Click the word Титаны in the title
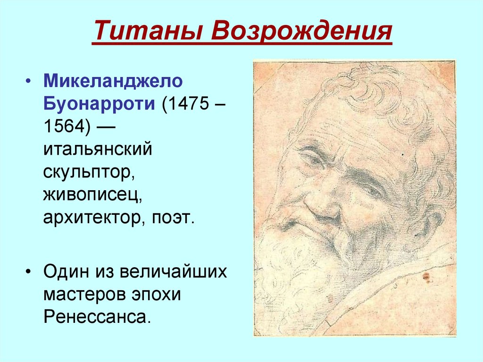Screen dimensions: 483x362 (x=148, y=31)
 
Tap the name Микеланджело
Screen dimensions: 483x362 (x=113, y=81)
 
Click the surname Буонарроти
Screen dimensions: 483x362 (x=99, y=103)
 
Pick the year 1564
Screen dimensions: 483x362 (x=64, y=126)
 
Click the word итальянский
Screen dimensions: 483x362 (x=98, y=149)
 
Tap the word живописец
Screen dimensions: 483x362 (x=91, y=194)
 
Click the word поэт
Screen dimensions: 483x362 (x=171, y=218)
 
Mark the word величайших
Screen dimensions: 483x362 (x=173, y=272)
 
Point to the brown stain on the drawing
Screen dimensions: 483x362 (x=426, y=277)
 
